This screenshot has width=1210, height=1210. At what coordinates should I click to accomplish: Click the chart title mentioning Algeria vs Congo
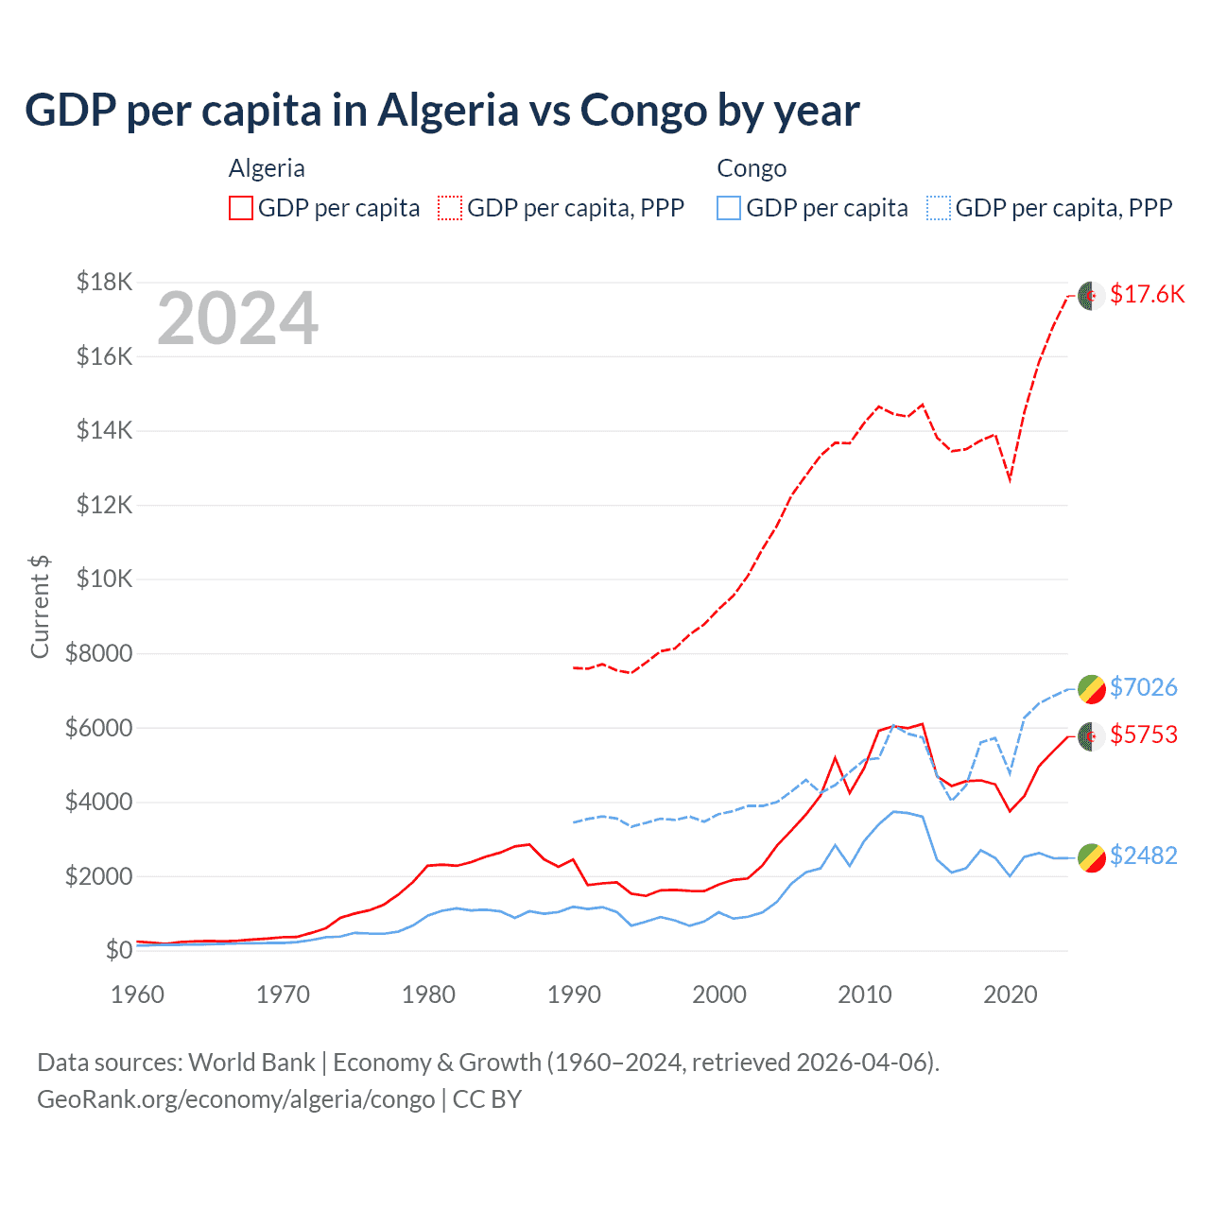[441, 111]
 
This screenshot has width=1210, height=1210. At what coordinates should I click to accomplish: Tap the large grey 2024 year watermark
[237, 320]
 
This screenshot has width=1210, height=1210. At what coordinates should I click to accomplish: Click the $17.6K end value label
[1147, 294]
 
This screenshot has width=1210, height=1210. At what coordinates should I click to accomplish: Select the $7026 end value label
[1143, 687]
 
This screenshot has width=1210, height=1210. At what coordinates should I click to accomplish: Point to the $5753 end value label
[1143, 735]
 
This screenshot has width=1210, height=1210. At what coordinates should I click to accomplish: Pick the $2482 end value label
[1143, 856]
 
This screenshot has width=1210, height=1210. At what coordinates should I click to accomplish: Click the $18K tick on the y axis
[105, 282]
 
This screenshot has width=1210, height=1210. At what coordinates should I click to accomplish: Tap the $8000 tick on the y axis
[98, 653]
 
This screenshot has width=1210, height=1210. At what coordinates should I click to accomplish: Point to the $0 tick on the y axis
[118, 950]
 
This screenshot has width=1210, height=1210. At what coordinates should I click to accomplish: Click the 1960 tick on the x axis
[138, 994]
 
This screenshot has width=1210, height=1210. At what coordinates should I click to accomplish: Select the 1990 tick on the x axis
[574, 994]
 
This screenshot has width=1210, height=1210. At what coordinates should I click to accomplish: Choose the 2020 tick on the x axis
[1010, 994]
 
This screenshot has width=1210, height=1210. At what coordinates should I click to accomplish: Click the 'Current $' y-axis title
[40, 607]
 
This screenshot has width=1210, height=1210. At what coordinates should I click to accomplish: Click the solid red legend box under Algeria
[241, 208]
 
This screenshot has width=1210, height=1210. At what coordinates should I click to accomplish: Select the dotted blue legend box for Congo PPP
[939, 208]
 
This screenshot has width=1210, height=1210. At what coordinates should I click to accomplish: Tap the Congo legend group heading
[752, 168]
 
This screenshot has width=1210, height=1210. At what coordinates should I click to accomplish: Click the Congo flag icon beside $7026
[1091, 688]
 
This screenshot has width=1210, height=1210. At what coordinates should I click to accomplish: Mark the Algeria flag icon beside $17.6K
[1091, 295]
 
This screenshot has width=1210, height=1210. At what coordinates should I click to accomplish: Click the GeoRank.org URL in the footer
[235, 1099]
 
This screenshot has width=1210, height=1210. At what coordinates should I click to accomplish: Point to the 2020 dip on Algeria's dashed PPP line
[1010, 480]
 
